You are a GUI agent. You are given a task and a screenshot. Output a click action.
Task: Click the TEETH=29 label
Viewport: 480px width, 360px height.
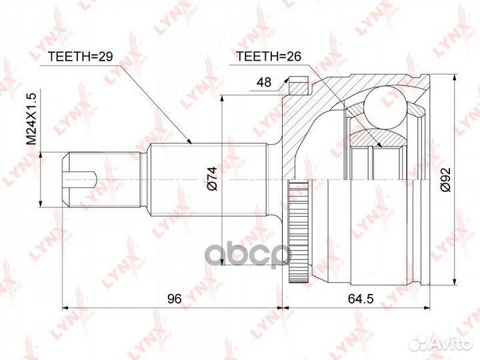pos(81,56)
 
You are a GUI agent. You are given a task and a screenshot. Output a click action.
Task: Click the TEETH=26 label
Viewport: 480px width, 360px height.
pos(269,56)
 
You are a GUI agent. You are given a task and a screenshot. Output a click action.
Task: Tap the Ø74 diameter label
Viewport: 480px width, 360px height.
pos(213,179)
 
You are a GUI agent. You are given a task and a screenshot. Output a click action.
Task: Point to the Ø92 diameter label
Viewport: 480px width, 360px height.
pos(445,180)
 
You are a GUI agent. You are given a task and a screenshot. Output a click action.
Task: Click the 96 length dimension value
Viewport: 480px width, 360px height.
pos(175,298)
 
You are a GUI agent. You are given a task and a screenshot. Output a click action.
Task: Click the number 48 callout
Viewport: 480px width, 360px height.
pos(264,82)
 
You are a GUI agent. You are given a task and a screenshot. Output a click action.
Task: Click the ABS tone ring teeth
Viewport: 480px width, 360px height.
pos(298,232)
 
